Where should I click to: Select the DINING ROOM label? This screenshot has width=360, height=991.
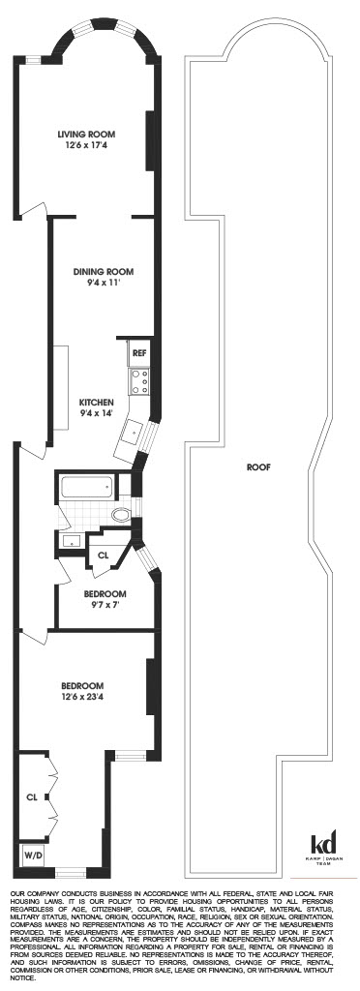[x=103, y=271]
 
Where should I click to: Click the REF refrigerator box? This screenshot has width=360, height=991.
[x=138, y=354]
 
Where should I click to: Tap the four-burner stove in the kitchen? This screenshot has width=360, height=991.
[x=138, y=381]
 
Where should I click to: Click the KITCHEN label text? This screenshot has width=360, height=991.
[x=97, y=402]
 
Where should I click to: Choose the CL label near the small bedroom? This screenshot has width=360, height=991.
[x=104, y=555]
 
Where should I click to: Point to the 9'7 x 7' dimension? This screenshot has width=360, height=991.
[x=102, y=602]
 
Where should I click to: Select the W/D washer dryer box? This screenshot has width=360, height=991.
[x=33, y=856]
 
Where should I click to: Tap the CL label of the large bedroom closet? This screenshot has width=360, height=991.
[x=31, y=798]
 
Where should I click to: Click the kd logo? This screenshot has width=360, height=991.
[x=321, y=844]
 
